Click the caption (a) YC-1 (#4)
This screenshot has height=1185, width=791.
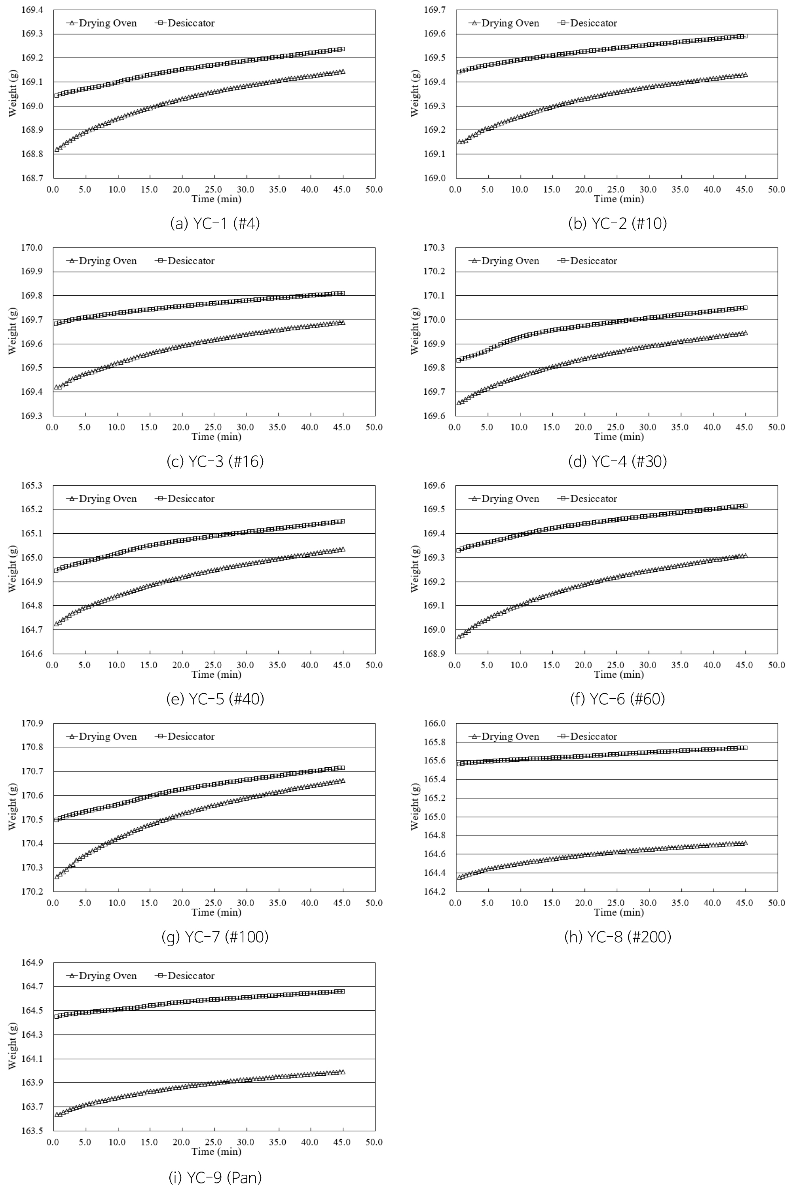click(x=215, y=223)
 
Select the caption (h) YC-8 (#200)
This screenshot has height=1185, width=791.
click(x=617, y=937)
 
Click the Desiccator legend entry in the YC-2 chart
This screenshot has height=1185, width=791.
click(x=588, y=23)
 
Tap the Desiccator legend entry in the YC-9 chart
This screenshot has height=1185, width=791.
click(x=186, y=976)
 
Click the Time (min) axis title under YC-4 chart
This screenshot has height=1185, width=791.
click(x=618, y=437)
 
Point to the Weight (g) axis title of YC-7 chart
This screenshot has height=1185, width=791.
click(x=13, y=808)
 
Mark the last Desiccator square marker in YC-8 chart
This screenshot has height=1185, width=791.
click(x=745, y=748)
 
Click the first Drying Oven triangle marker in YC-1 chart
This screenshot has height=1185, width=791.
click(x=57, y=149)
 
